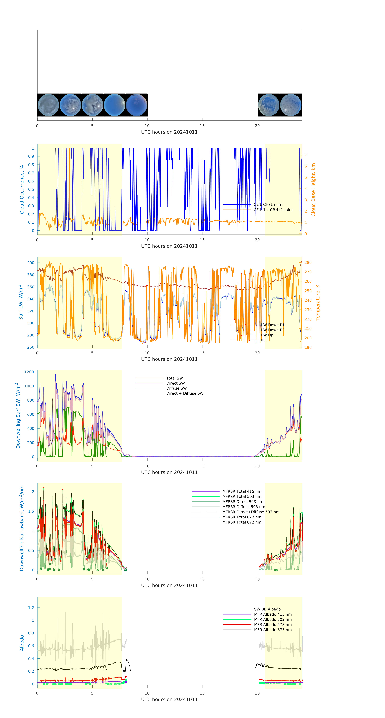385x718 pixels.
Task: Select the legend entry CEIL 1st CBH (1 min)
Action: (273, 210)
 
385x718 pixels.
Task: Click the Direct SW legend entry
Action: (175, 383)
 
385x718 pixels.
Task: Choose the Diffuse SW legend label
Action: (176, 388)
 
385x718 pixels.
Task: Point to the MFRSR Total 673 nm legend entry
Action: (242, 517)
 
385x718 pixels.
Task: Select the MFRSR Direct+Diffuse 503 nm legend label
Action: (251, 512)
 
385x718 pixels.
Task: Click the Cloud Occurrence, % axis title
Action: (22, 190)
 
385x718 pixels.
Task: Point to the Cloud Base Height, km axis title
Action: (313, 190)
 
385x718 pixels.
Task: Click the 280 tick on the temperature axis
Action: (308, 263)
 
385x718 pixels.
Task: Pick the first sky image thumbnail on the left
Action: (48, 105)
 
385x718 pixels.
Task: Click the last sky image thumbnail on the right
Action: (291, 105)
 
